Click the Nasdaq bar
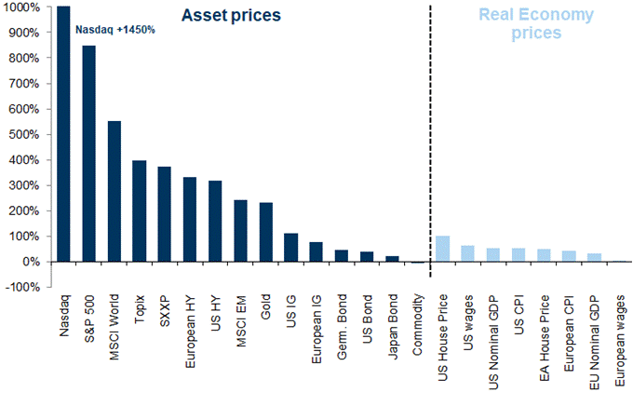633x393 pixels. (x=63, y=134)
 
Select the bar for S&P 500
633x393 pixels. (x=88, y=154)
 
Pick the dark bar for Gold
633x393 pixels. (x=265, y=232)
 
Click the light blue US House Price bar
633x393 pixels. (x=443, y=249)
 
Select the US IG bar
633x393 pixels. (x=290, y=247)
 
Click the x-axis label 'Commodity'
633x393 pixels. (x=418, y=328)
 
